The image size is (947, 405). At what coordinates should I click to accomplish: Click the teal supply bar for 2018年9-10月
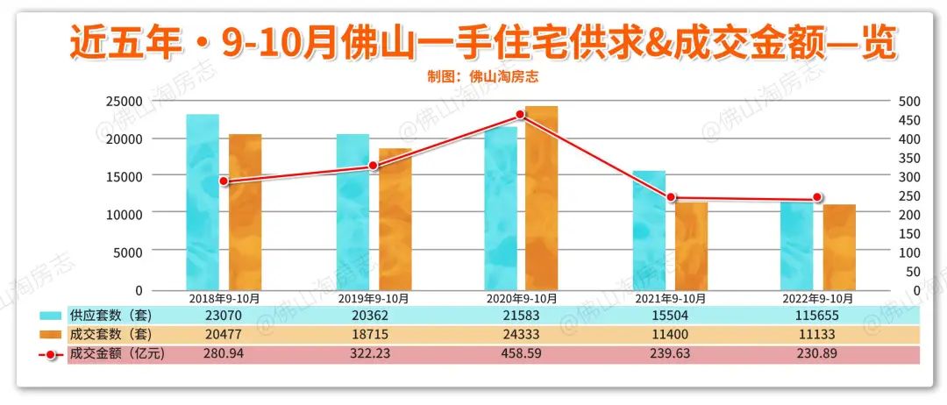point(203,202)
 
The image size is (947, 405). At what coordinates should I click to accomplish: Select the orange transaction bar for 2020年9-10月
point(541,197)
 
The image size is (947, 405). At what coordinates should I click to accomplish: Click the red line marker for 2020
point(520,115)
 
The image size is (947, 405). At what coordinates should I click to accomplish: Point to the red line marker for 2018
point(224,181)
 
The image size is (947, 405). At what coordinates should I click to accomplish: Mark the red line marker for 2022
point(817,198)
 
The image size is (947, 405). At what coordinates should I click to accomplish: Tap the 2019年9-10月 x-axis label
point(373,299)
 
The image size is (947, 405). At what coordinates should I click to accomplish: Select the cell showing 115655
point(817,315)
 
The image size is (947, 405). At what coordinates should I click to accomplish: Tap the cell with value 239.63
point(669,354)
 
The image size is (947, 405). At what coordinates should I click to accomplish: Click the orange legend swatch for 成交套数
point(50,335)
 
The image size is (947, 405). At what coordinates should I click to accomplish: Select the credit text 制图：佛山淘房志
point(483,76)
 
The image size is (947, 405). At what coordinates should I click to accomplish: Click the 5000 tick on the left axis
point(127,252)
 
